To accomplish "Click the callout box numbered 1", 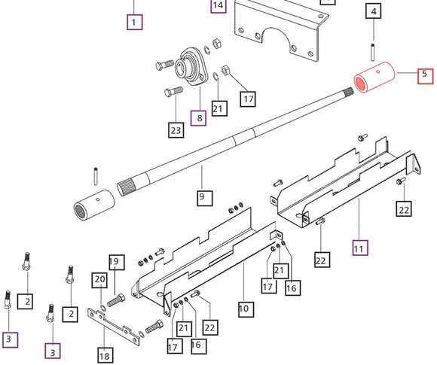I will coord(133,21).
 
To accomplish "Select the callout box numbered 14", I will coord(218,6).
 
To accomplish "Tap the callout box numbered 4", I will coord(374,12).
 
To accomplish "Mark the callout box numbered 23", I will coord(176,130).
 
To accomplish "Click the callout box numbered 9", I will coord(201,198).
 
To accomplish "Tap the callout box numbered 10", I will coord(243,307).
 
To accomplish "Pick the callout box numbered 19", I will coord(115,262).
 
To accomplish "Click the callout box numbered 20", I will coord(99,280).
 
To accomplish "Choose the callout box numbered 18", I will coord(105,354).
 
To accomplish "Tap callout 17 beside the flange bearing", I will coord(247,98).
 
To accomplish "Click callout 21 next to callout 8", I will coord(218,108).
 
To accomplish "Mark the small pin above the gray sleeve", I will coord(96,174).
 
